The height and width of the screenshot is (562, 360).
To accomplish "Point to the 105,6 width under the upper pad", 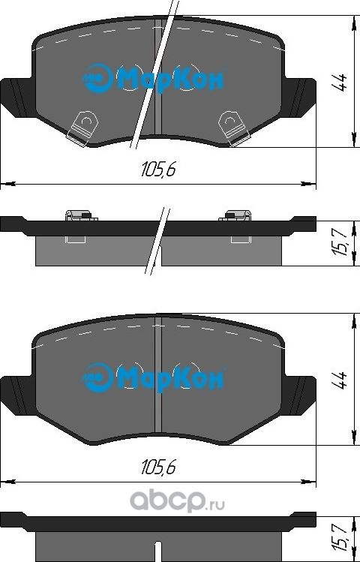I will point(157,170).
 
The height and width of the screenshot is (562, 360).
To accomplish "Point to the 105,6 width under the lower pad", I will point(157,467).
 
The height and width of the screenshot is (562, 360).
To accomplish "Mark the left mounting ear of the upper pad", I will point(16,95).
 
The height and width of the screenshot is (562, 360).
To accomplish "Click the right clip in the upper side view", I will point(234,217).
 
